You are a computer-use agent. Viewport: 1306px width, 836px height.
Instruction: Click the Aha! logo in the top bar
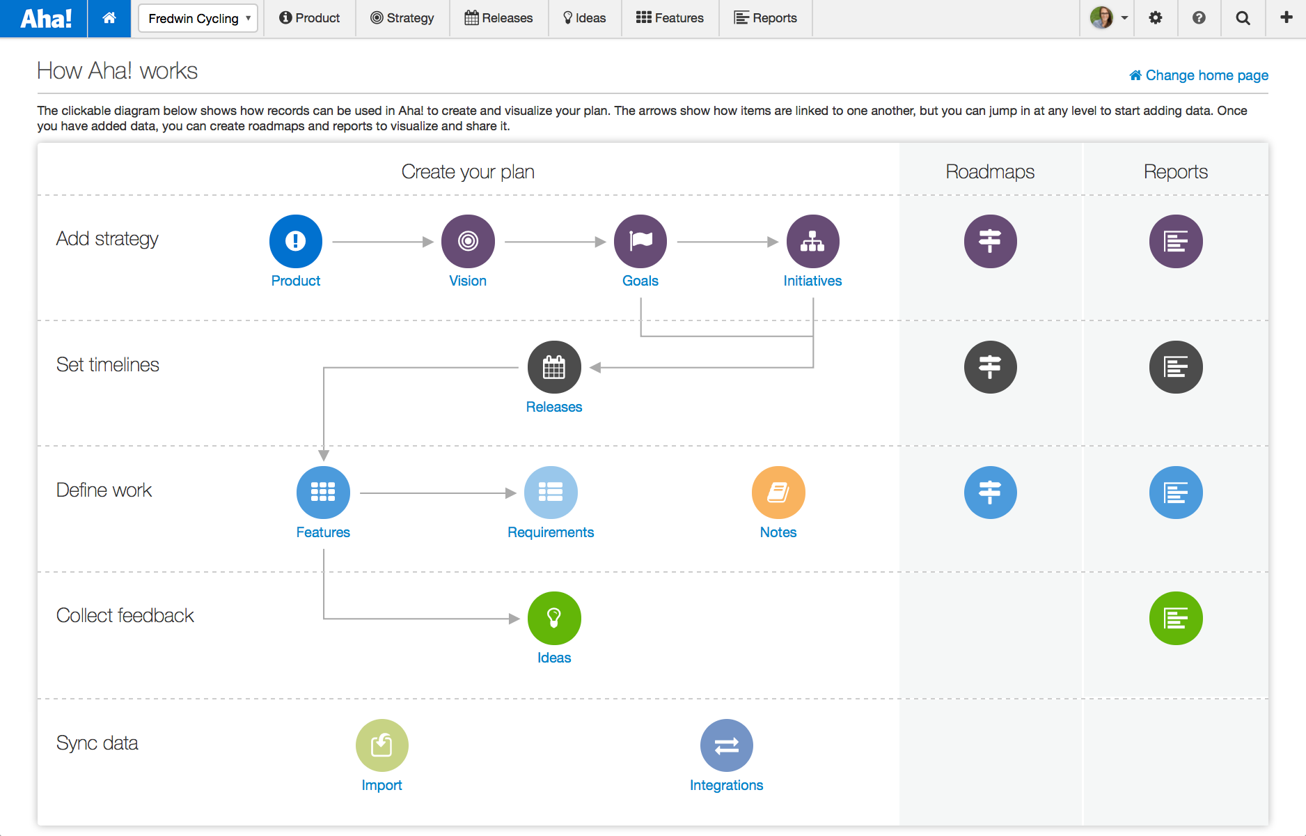[45, 18]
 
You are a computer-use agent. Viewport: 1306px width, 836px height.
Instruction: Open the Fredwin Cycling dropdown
[198, 18]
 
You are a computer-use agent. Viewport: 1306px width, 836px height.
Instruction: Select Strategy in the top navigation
[402, 18]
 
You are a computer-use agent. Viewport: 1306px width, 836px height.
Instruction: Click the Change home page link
[1199, 75]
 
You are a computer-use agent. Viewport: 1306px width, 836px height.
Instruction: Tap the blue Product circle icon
[295, 241]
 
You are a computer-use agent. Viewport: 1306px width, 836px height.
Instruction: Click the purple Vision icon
[468, 241]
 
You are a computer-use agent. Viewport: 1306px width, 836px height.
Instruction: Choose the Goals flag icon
[640, 241]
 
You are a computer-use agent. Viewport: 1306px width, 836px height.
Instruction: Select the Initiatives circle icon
[812, 241]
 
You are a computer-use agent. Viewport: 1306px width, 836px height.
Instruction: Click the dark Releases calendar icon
[554, 367]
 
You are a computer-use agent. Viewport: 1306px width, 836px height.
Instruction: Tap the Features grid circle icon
[323, 493]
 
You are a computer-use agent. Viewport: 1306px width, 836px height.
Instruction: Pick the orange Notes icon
[778, 493]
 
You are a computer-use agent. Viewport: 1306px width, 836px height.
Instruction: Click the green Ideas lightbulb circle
[554, 618]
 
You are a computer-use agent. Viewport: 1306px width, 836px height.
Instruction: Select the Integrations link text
[726, 785]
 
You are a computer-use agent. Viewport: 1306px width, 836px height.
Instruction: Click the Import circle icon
[381, 745]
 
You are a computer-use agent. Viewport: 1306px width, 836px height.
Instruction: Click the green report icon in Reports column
[1176, 618]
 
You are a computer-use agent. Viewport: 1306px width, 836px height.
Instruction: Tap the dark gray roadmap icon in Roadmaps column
[990, 367]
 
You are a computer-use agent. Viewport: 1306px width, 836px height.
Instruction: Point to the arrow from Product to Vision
[382, 242]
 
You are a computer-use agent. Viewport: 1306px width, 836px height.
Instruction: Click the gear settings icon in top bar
[1156, 18]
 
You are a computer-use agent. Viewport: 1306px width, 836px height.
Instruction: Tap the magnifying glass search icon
[1243, 18]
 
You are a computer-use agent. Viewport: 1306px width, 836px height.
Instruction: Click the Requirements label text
[551, 532]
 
